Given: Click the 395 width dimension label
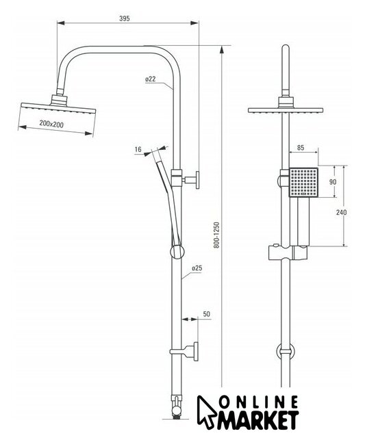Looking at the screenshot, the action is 125,18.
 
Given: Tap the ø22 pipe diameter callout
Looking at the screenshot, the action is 151,79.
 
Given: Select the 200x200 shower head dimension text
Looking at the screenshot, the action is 51,124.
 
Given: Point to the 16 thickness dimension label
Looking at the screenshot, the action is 138,149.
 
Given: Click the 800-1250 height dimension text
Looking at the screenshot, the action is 217,235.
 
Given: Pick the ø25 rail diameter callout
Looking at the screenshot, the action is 197,268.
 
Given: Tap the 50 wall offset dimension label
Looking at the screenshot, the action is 207,314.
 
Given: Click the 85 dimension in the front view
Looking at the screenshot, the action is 301,148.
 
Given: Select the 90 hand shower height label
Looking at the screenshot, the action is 333,182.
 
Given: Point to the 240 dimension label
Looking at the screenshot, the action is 341,212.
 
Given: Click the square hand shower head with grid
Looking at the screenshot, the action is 303,182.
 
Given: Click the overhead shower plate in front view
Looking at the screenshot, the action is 286,110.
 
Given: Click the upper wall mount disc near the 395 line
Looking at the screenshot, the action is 197,180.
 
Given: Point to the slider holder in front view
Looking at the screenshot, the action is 288,253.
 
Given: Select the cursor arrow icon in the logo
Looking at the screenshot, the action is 206,411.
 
